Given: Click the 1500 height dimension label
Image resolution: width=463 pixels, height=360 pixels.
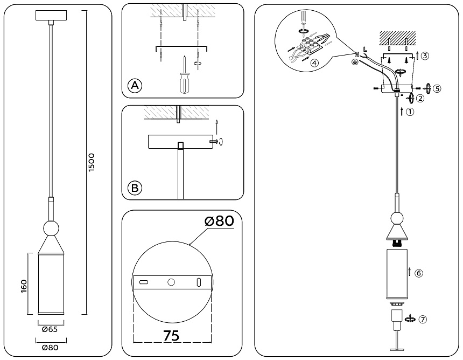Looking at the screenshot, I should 92,162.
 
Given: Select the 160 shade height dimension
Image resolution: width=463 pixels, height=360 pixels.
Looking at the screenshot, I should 24,284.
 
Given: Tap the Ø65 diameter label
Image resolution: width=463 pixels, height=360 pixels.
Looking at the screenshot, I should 49,329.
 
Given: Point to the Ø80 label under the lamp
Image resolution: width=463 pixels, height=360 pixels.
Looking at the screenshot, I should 49,348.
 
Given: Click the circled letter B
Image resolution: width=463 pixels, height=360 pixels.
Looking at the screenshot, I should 135,188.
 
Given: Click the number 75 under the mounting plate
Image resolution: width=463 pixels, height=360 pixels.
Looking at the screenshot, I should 171,335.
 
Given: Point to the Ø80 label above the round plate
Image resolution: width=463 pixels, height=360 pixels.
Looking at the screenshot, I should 220,221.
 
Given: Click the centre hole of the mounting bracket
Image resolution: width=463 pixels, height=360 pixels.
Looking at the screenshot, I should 171,282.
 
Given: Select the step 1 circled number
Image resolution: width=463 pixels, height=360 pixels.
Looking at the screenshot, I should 410,113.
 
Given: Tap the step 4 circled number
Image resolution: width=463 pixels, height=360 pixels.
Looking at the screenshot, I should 314,63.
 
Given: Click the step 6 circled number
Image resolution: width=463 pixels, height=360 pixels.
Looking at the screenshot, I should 419,273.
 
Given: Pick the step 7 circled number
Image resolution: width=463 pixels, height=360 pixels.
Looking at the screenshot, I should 423,319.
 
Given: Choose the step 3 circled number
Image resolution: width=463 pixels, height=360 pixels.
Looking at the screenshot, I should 425,56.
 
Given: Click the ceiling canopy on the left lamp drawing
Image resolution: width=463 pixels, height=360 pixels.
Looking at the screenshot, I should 50,16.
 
